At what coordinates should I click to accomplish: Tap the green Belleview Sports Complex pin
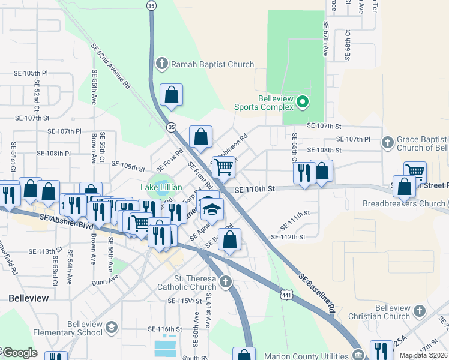(303, 103)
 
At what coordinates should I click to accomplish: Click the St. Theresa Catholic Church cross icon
(226, 281)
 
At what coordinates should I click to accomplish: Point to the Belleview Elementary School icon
(111, 327)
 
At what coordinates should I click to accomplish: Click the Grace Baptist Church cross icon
(388, 143)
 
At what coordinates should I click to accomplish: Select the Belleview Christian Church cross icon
(419, 311)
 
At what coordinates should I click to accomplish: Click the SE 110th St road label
(254, 189)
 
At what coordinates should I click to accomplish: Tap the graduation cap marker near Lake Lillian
(211, 208)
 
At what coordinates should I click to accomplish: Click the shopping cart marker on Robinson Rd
(223, 167)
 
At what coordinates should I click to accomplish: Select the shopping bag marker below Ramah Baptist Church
(172, 94)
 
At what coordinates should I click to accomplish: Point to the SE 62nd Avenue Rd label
(111, 65)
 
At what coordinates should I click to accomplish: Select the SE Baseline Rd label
(316, 294)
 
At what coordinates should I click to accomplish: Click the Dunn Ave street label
(106, 281)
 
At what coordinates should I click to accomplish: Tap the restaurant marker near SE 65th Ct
(304, 173)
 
